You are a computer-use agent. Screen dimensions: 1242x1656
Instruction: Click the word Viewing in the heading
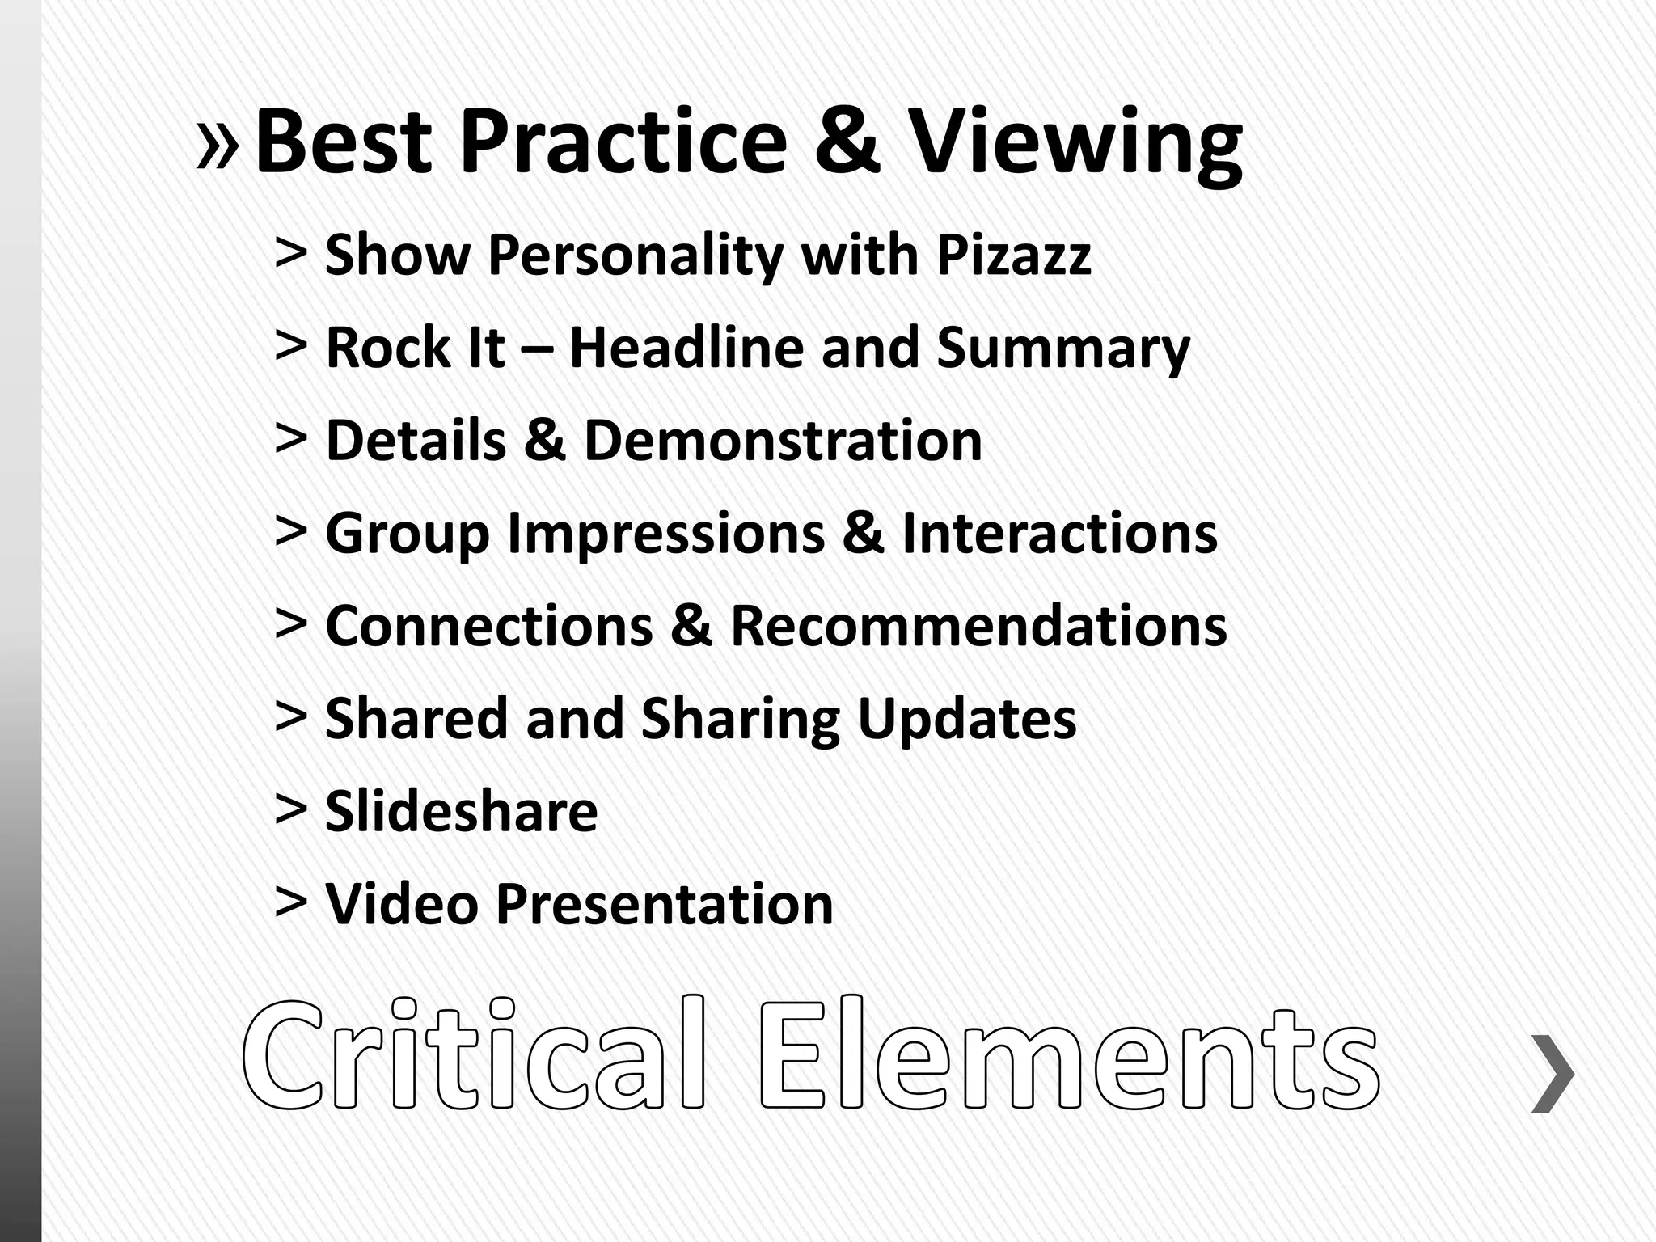1075,144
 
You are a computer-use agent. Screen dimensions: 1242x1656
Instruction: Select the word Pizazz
1014,255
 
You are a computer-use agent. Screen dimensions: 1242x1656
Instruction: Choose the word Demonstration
783,441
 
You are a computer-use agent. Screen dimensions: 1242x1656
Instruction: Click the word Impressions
666,535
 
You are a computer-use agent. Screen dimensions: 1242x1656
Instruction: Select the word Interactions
1059,534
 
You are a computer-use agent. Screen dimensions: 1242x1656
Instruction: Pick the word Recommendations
978,626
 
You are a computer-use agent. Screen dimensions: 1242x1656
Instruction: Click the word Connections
489,626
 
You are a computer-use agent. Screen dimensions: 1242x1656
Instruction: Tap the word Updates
966,720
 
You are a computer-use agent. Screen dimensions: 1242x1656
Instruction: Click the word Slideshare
461,811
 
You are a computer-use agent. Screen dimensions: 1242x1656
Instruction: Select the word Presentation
664,903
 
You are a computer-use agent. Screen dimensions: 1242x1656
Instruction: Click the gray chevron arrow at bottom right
1552,1073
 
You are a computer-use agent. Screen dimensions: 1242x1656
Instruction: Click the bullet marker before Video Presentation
291,902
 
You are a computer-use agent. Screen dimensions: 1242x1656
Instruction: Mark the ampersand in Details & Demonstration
544,441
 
